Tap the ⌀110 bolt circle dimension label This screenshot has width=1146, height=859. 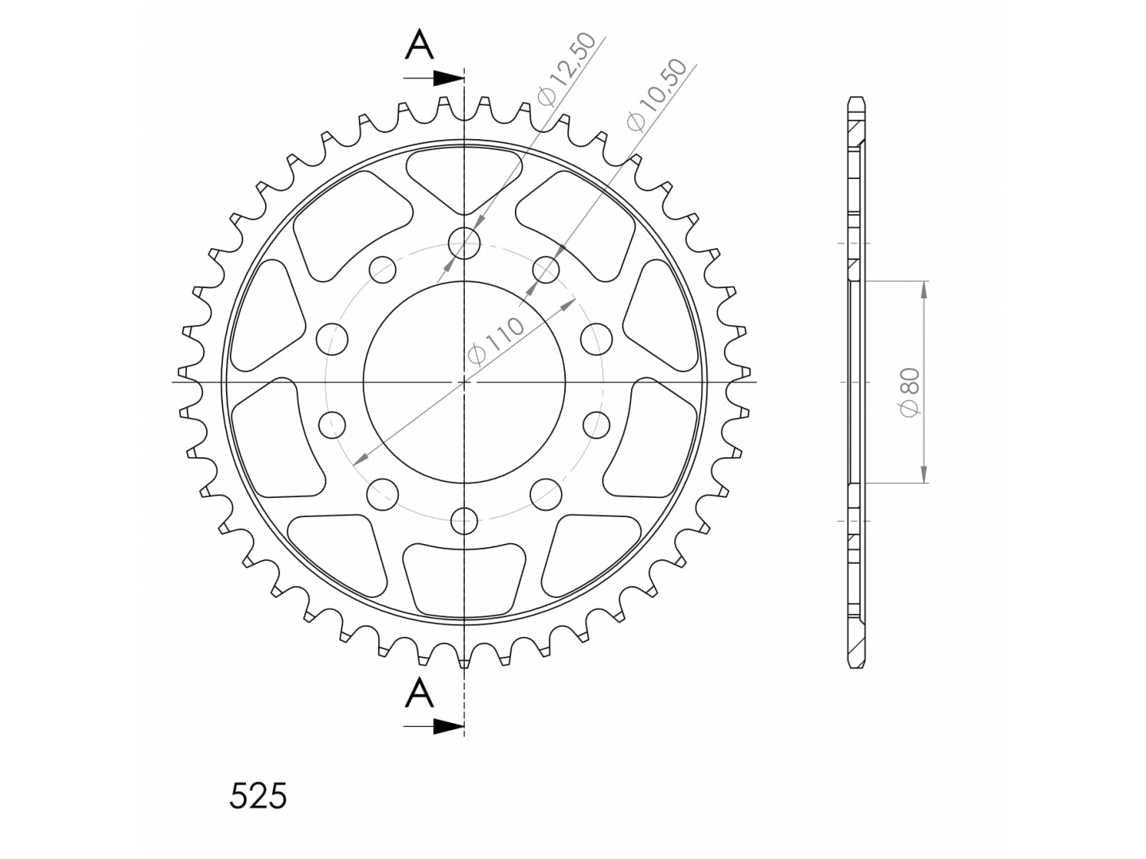[x=496, y=340]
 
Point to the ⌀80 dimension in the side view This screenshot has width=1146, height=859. [x=910, y=392]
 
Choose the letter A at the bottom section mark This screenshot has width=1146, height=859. [x=419, y=692]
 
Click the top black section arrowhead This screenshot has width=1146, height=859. [x=449, y=79]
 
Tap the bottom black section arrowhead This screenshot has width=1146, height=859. [x=449, y=726]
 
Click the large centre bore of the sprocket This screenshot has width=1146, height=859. [x=464, y=382]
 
